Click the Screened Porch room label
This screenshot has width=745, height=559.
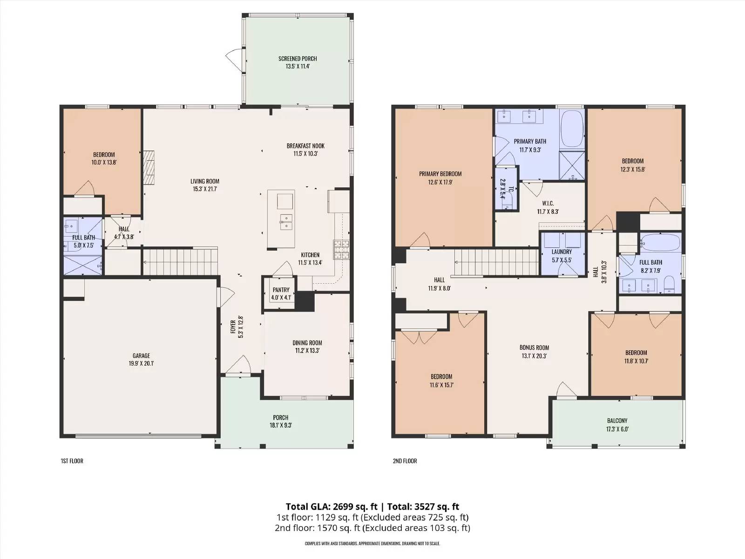point(298,59)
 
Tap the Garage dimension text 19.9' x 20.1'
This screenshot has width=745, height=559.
point(141,363)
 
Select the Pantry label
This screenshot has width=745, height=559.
point(281,290)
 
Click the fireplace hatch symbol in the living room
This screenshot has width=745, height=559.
point(149,168)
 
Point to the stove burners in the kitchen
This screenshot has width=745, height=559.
point(341,250)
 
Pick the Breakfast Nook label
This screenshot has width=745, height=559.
point(305,146)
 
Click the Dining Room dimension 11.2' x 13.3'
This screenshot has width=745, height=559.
point(307,351)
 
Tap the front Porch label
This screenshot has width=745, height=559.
point(281,417)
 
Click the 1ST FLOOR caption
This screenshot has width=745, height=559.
point(72,461)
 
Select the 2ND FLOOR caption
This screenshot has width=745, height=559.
point(405,461)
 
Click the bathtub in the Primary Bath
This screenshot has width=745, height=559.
point(572,129)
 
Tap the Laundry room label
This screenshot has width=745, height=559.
point(562,252)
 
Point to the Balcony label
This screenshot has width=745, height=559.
point(617,421)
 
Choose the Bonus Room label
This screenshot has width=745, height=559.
point(534,348)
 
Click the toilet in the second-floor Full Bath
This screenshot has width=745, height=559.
point(669,285)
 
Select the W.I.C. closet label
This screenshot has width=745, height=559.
point(548,203)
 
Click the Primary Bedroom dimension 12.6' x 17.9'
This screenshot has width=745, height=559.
point(440,182)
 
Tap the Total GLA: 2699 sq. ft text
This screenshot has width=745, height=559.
point(332,507)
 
